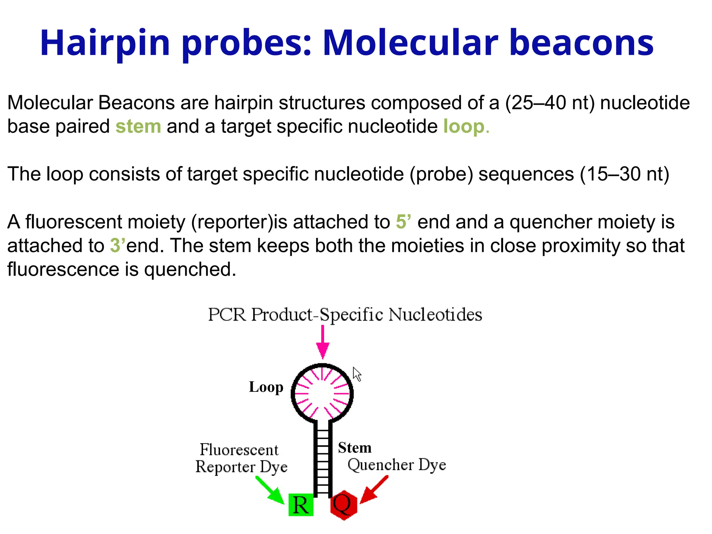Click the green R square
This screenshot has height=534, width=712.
[301, 505]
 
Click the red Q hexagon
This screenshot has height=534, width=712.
[343, 505]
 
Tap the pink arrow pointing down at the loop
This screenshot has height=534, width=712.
[323, 342]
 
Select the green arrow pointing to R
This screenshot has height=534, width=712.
[271, 490]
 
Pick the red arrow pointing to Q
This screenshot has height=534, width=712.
[374, 490]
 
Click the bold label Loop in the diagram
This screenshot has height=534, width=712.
[266, 387]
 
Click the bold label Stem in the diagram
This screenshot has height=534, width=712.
[355, 447]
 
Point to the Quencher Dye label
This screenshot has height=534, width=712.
[397, 464]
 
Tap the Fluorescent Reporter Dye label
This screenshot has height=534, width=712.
[241, 458]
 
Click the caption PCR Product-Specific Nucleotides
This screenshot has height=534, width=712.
[345, 315]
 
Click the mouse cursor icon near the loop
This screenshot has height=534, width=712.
[357, 374]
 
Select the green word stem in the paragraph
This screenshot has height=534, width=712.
[138, 126]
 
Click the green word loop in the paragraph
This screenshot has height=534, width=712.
[464, 126]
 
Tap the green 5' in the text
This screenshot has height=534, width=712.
[403, 221]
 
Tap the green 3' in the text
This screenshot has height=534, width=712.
[117, 245]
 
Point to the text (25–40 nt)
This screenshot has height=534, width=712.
[550, 103]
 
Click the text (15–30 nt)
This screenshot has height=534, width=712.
[624, 174]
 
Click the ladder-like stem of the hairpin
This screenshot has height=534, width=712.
[323, 459]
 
